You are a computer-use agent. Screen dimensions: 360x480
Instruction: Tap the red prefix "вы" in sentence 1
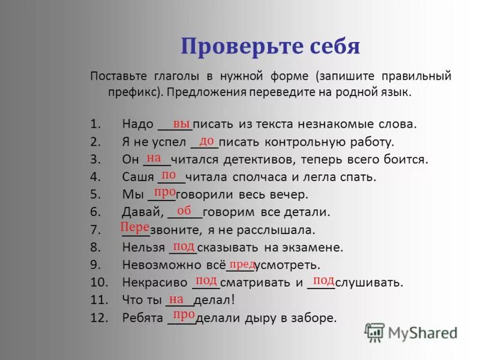tap(182, 123)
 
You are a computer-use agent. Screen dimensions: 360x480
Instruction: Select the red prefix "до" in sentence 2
tap(207, 140)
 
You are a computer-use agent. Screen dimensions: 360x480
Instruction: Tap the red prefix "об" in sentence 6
tap(184, 211)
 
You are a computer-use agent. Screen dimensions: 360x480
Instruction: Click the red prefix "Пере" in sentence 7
tap(135, 227)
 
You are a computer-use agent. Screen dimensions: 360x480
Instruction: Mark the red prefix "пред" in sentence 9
tap(242, 264)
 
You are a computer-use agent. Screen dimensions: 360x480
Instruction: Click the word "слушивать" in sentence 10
tap(369, 282)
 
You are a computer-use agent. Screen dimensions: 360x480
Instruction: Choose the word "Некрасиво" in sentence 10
tap(154, 282)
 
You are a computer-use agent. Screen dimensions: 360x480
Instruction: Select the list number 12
tap(98, 318)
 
